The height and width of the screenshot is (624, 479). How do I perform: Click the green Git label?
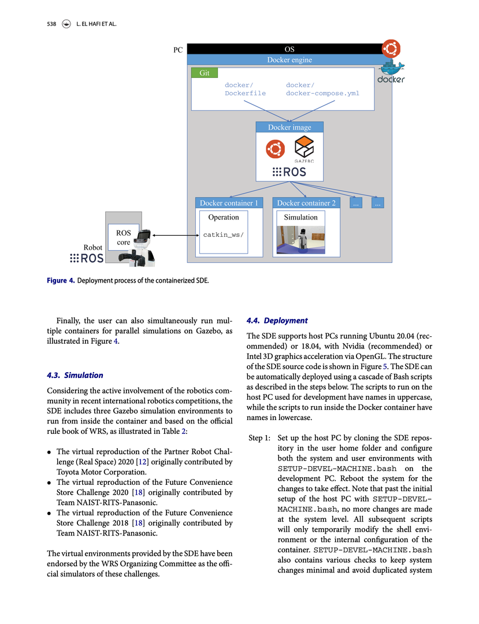(205, 73)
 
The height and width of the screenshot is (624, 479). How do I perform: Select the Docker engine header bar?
(289, 60)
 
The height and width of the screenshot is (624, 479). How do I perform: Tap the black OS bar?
(289, 50)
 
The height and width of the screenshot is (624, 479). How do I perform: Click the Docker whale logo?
(391, 72)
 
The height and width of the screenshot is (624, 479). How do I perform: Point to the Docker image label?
(289, 127)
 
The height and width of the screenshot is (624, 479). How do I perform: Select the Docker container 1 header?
(229, 203)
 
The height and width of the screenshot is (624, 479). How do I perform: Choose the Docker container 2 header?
(306, 203)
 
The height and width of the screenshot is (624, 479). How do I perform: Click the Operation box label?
(223, 217)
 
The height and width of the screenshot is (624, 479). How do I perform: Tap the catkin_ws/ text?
(223, 235)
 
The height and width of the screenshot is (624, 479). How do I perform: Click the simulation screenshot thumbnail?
(300, 239)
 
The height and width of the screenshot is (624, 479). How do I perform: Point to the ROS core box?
(124, 237)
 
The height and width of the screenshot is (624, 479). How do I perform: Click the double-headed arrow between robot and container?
(175, 235)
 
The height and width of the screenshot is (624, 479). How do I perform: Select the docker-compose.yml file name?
(322, 93)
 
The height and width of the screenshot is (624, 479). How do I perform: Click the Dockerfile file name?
(245, 93)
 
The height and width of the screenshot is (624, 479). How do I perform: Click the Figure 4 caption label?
(61, 281)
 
